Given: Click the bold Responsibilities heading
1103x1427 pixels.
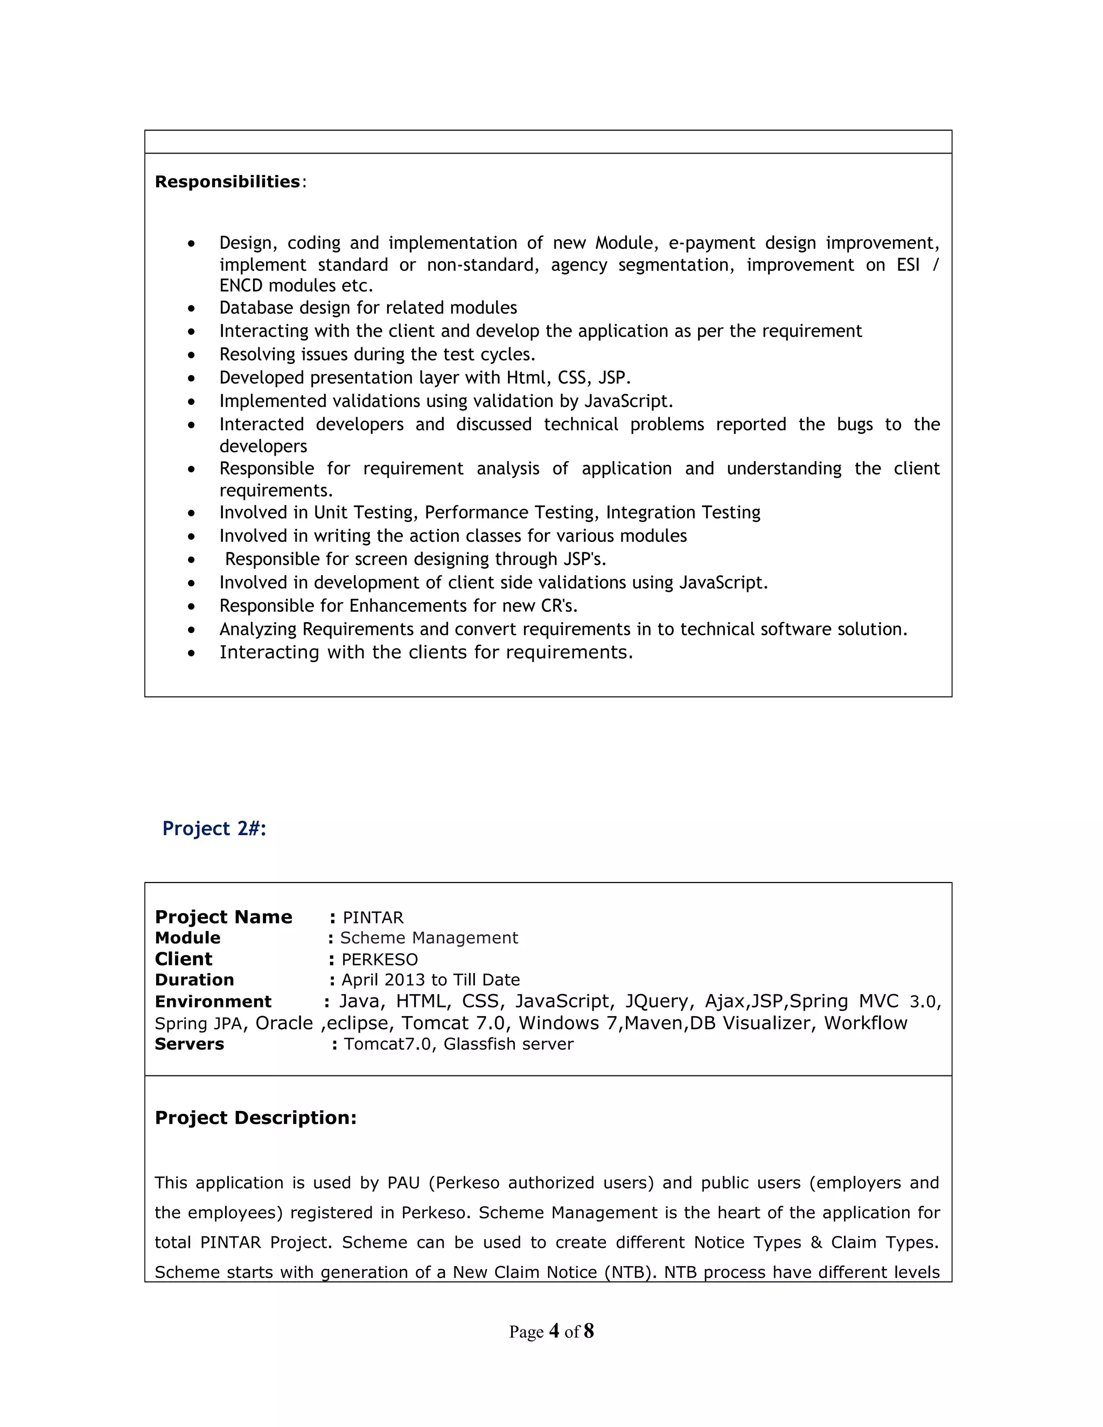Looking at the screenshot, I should click(x=227, y=181).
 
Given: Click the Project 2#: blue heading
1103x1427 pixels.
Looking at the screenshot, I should click(x=214, y=829).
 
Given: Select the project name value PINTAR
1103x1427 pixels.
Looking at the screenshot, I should click(x=373, y=918).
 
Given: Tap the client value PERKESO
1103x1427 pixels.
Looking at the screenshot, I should click(x=379, y=960).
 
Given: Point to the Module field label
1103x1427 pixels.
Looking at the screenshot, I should click(x=187, y=938).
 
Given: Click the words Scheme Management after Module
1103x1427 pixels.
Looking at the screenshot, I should click(x=429, y=938).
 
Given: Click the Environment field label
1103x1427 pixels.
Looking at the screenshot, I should click(x=213, y=1002).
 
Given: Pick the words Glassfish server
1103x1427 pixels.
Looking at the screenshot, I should click(x=508, y=1044).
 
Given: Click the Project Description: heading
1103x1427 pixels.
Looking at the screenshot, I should click(x=255, y=1118).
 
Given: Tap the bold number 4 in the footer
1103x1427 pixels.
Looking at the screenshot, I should click(x=554, y=1331).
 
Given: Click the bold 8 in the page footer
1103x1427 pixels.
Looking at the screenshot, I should click(x=588, y=1331).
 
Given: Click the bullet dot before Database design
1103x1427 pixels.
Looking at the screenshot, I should click(x=191, y=309).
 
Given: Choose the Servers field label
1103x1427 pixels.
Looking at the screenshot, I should click(x=189, y=1044).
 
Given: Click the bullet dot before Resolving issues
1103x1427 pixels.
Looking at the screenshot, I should click(x=191, y=355).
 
